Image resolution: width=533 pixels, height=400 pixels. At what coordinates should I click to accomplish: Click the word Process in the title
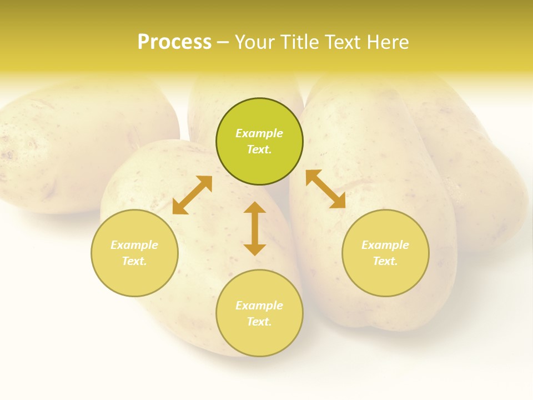pyautogui.click(x=174, y=42)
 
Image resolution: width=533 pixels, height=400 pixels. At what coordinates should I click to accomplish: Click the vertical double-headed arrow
pyautogui.click(x=255, y=229)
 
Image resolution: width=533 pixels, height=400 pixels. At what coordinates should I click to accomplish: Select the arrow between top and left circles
pyautogui.click(x=192, y=195)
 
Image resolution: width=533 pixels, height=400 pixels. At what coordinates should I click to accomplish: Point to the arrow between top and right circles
pyautogui.click(x=325, y=189)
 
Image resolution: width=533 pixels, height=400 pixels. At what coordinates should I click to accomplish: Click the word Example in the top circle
pyautogui.click(x=259, y=133)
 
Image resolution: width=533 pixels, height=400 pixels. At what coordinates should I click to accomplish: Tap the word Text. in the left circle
pyautogui.click(x=134, y=261)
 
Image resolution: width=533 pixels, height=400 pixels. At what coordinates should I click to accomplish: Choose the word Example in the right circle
pyautogui.click(x=385, y=245)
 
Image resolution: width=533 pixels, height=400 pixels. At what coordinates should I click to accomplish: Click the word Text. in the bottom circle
pyautogui.click(x=259, y=322)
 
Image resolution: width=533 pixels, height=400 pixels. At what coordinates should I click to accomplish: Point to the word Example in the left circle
pyautogui.click(x=134, y=245)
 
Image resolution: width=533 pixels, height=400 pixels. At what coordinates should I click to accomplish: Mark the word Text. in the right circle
pyautogui.click(x=385, y=261)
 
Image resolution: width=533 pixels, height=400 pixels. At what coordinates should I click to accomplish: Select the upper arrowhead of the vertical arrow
pyautogui.click(x=255, y=208)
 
